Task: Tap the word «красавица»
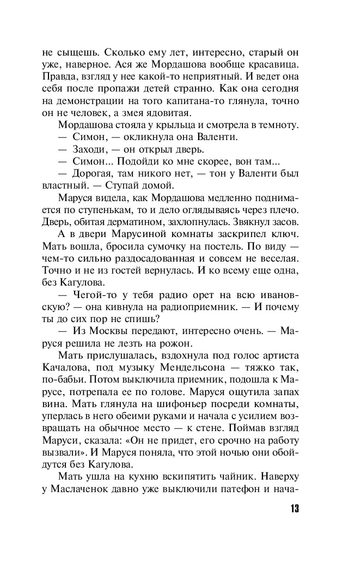tap(271, 65)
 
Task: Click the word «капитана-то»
tap(199, 101)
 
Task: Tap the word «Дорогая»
tap(91, 173)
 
